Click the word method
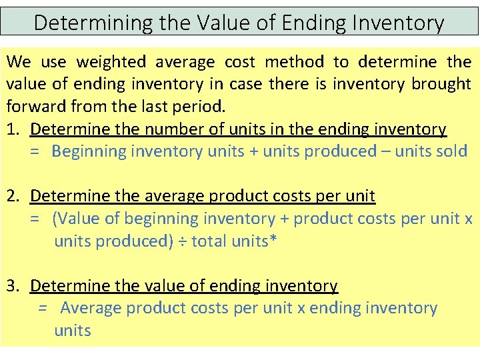(x=294, y=63)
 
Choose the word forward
(x=34, y=107)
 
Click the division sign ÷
(x=182, y=241)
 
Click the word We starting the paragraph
(x=19, y=63)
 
